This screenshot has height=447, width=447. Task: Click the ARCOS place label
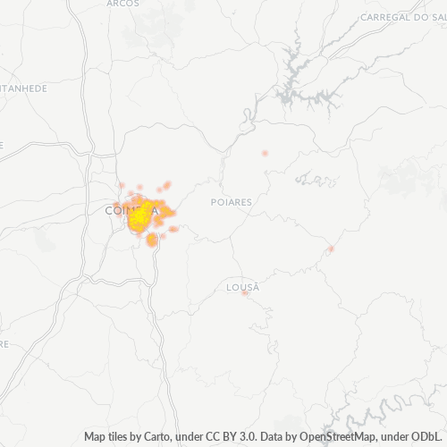(122, 4)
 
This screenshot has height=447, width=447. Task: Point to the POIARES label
(231, 202)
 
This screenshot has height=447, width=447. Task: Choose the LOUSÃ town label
(243, 287)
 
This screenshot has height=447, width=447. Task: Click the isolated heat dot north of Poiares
(265, 154)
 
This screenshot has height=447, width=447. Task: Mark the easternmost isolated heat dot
(331, 249)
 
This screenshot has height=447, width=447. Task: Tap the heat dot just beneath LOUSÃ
(245, 294)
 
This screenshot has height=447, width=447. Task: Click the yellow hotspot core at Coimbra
(141, 215)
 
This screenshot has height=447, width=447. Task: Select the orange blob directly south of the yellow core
(152, 239)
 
